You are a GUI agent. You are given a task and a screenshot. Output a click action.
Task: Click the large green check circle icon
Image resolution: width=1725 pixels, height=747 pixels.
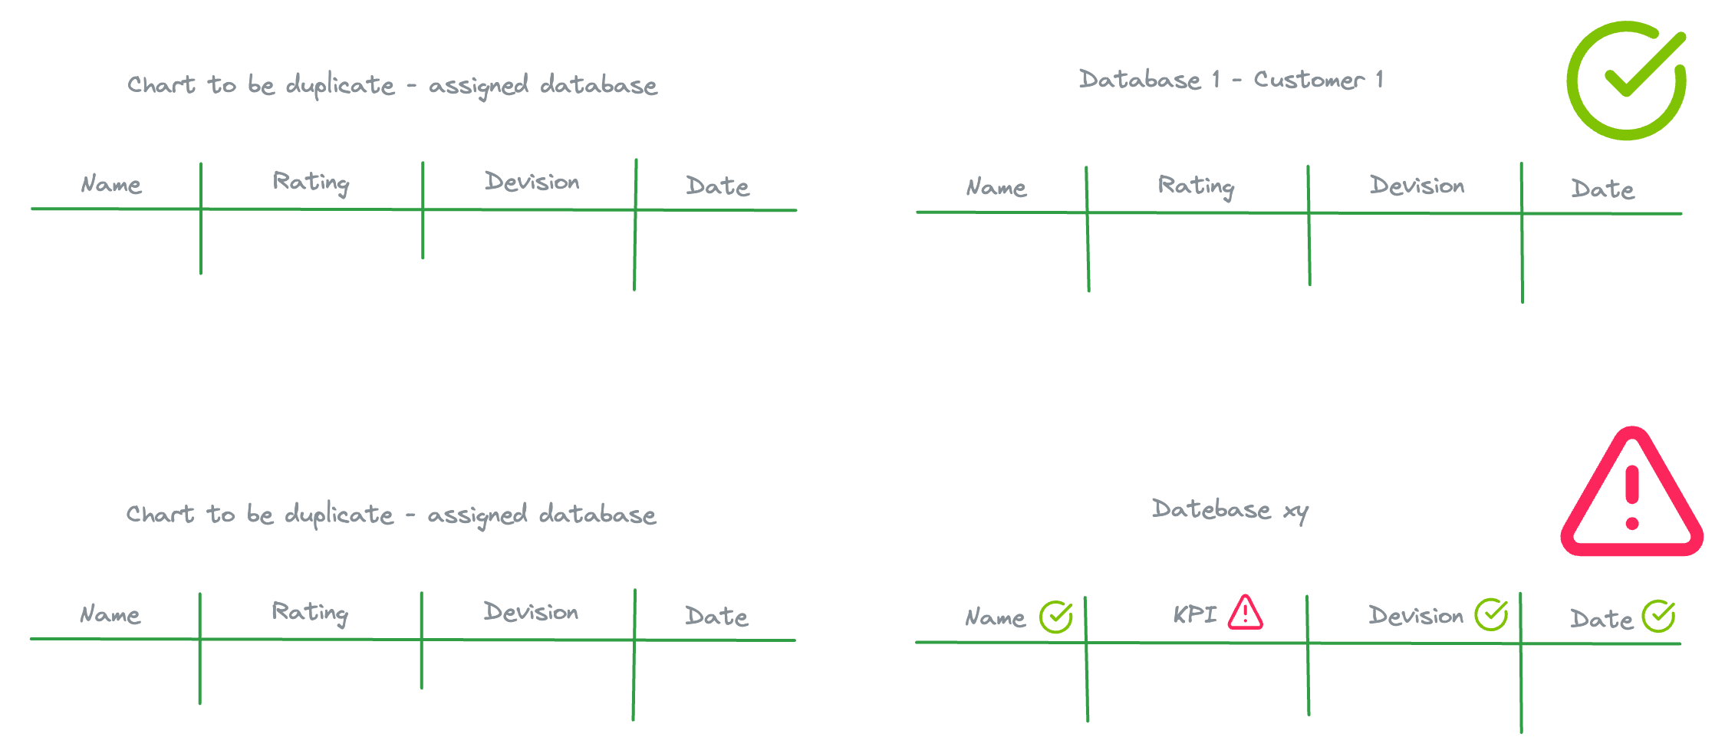[x=1626, y=81]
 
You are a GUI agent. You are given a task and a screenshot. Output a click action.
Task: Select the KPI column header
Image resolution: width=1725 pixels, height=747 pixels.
[x=1194, y=614]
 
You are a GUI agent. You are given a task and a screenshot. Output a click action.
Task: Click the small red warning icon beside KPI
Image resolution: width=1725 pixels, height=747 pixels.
[x=1245, y=613]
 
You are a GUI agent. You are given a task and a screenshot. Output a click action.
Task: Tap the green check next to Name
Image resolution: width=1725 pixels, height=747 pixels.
[x=1056, y=617]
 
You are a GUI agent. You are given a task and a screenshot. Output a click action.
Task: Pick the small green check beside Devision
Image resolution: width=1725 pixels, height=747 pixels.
[x=1492, y=614]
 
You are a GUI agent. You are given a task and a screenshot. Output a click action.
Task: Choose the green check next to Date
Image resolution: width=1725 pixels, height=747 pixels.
[x=1658, y=616]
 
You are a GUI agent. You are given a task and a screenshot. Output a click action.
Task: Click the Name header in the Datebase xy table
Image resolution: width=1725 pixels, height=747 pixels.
[x=995, y=617]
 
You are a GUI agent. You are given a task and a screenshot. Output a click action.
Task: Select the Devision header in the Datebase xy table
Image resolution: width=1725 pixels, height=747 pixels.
[x=1416, y=616]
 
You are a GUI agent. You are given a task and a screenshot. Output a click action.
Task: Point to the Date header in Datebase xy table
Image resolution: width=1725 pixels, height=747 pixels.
[x=1602, y=619]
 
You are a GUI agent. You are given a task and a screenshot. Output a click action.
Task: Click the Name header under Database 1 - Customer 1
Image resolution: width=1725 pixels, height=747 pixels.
[x=996, y=187]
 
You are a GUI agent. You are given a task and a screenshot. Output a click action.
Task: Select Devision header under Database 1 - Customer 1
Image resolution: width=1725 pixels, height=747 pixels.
[x=1417, y=186]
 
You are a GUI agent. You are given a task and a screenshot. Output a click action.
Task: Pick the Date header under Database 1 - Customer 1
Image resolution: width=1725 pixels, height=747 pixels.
[x=1602, y=189]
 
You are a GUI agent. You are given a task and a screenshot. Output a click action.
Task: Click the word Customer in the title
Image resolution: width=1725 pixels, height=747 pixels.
[x=1309, y=80]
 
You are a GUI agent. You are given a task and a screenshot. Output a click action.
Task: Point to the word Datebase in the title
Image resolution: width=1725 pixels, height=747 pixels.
[x=1211, y=509]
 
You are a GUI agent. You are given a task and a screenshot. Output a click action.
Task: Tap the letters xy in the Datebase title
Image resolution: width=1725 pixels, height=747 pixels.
[x=1296, y=512]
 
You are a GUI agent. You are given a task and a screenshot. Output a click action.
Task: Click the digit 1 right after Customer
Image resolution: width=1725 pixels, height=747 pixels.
[x=1379, y=79]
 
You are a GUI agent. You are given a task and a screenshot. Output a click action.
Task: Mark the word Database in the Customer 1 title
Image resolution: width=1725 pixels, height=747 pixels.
[x=1140, y=80]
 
